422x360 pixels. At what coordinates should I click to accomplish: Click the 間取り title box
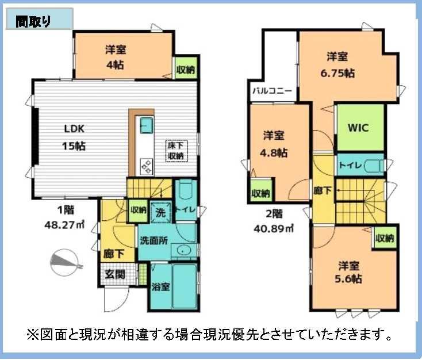[39, 19]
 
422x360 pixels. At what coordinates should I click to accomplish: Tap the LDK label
[74, 129]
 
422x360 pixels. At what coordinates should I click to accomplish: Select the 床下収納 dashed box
[177, 151]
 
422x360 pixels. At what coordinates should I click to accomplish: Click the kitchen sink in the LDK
[147, 125]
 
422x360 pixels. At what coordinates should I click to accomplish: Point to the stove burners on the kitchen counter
[147, 166]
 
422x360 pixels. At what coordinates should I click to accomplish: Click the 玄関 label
[115, 274]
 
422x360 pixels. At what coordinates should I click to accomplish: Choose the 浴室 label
[160, 287]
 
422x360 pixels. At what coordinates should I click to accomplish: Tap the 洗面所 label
[154, 240]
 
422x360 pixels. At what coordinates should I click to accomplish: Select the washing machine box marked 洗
[160, 212]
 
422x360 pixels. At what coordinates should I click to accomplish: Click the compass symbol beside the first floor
[65, 262]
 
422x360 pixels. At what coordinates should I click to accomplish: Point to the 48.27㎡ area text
[64, 225]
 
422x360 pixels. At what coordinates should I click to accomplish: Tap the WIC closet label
[358, 128]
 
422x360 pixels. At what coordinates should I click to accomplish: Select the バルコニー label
[272, 91]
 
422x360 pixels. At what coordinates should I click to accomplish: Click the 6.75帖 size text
[337, 73]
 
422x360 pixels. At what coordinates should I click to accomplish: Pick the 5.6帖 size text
[348, 279]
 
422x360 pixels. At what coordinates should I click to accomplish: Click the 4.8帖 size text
[274, 152]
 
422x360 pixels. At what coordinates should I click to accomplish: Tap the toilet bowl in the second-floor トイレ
[374, 165]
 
